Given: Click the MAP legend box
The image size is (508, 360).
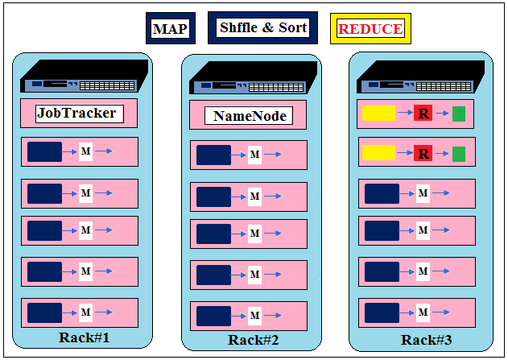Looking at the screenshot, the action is coord(171,28).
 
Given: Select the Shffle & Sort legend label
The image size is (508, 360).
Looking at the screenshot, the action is coord(262,27).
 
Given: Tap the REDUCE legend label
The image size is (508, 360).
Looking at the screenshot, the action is coord(370,29).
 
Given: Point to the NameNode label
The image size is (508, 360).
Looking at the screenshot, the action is coord(249,116).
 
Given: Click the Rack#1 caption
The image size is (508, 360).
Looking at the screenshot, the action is coord(85,337).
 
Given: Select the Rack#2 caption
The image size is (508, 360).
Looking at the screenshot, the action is coord(253,340).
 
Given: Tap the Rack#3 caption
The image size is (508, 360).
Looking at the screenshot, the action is coord(427,340).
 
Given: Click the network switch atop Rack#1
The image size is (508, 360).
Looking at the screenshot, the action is coord(85,76).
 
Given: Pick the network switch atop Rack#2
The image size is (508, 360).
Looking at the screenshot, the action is coord(254,78).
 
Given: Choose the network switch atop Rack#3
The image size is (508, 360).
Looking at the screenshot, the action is coord(421,77).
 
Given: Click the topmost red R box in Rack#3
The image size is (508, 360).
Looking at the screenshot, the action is coord(423,113).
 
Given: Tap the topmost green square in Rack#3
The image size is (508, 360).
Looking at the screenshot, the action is coord(459,114).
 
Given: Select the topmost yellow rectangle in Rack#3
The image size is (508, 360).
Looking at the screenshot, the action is coord(378,113).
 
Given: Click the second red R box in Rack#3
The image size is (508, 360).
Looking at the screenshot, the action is coord(423,153).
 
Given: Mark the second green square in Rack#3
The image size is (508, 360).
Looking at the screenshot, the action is coord(459,155).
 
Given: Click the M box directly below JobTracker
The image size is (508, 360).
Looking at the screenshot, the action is coord(86,151).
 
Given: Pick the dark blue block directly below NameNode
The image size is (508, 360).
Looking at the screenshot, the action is coord(214,155).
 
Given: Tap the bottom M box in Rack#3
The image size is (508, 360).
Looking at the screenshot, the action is coord(423,312).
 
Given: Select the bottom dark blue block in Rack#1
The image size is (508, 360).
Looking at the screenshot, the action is coord(45,313).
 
